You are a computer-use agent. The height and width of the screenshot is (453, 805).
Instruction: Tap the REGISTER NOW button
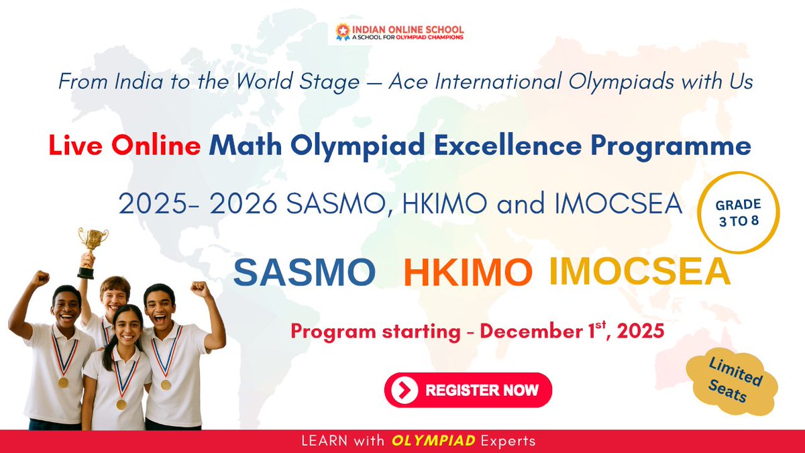(468, 390)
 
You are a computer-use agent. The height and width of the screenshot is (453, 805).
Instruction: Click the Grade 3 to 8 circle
(739, 213)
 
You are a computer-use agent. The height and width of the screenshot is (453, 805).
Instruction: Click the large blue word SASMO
(305, 273)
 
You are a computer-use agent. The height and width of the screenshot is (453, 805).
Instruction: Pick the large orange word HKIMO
(468, 273)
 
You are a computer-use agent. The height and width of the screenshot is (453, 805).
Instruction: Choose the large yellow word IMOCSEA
(639, 271)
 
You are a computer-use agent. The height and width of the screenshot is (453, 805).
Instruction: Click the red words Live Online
(125, 147)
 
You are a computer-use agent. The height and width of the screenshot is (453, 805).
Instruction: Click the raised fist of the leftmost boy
(40, 279)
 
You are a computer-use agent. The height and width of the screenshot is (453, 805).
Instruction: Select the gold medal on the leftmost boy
(63, 382)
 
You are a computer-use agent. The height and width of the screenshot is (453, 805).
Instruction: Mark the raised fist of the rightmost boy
(200, 289)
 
